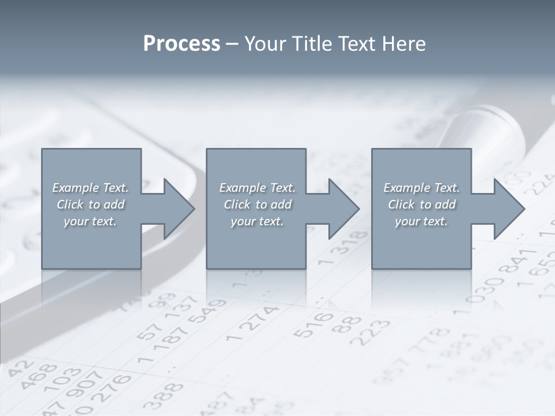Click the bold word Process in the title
pos(182,44)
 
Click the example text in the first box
pos(90,205)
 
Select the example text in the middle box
pos(257,205)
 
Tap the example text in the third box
pos(421,205)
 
